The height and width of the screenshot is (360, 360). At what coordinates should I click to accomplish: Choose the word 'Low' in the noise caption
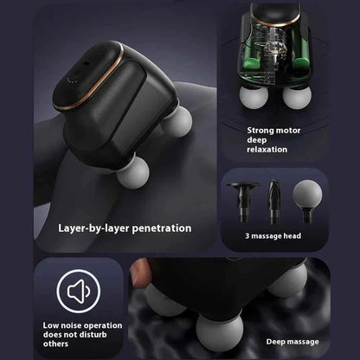click(x=51, y=326)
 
